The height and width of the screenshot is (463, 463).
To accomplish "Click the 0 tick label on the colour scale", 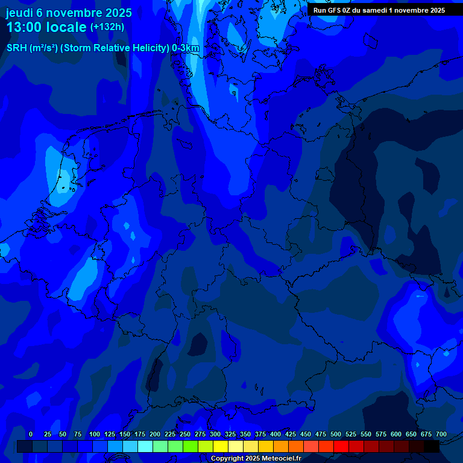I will tap(31, 434).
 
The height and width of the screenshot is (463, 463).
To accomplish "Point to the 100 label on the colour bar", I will tap(95, 434).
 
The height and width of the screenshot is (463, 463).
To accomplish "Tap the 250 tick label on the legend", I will tap(185, 434).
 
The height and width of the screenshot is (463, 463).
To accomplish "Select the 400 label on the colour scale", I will tap(276, 434).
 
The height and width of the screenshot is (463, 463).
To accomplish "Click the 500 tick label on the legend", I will tap(336, 434).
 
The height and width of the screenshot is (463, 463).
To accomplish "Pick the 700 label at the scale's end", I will tap(441, 434).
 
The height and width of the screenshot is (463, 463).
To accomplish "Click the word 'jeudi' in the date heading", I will tap(19, 13).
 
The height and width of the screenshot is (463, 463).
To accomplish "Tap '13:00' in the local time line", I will tap(25, 27).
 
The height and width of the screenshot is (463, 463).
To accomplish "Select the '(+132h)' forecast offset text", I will tap(107, 27).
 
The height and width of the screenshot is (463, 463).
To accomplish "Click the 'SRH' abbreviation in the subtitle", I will tap(16, 48).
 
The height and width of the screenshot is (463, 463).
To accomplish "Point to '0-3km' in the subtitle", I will tap(186, 48).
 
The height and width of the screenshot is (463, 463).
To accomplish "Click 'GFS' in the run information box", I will tap(335, 10).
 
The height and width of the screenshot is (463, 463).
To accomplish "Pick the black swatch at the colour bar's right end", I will tap(432, 446).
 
